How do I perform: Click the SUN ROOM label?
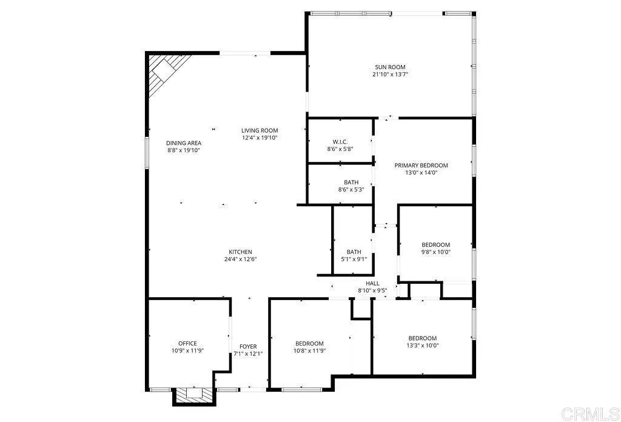point(389,67)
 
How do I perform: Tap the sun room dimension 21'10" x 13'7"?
point(390,75)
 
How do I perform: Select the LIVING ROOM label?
point(260,130)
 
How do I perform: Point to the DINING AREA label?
point(184,143)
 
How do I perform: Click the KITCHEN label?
point(240,252)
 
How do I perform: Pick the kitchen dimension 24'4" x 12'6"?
point(240,260)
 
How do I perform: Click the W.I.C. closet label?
point(340,141)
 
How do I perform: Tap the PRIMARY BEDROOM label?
point(421,166)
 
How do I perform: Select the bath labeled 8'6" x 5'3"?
point(351,186)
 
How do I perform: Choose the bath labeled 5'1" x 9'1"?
point(354,256)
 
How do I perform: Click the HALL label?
point(372,283)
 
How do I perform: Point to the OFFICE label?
point(187,343)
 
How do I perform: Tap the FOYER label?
point(248,347)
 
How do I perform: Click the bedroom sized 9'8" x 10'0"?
point(436,249)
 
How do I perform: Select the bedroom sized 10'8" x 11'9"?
point(309,347)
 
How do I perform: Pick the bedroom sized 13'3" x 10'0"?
point(422,342)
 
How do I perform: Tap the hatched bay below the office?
point(194,395)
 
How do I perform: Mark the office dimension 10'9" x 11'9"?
point(187,350)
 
